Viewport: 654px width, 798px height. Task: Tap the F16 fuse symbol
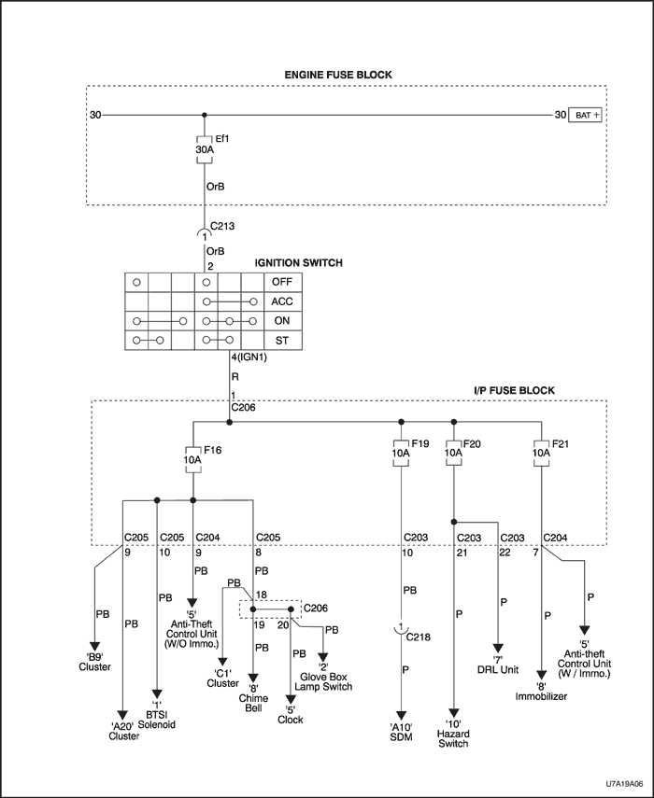click(192, 460)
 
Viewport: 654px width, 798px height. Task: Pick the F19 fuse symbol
click(400, 452)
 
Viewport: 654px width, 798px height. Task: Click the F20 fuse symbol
click(453, 452)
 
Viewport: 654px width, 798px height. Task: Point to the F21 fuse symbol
click(541, 452)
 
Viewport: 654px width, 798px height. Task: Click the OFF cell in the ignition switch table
click(281, 281)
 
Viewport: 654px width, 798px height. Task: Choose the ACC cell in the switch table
click(281, 301)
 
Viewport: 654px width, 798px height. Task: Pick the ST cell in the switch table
click(281, 341)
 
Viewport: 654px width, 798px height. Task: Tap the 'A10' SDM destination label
click(401, 732)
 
